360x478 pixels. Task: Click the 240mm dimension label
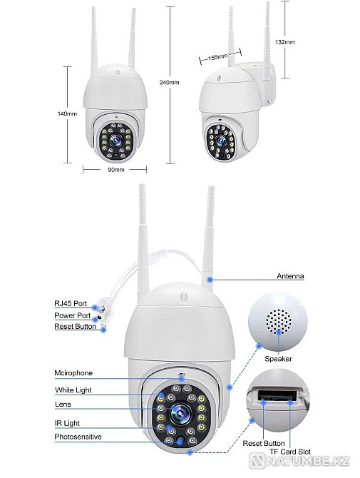(x=170, y=83)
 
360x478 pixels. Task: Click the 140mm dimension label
(x=67, y=113)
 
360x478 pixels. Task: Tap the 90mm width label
(x=116, y=171)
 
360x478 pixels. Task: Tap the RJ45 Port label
(x=71, y=303)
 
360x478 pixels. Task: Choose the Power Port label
(x=73, y=315)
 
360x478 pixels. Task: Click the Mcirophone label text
(x=73, y=373)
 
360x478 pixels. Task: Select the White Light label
(x=73, y=390)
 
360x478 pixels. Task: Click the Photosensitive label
(x=78, y=437)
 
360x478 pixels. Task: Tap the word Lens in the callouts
(x=62, y=403)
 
